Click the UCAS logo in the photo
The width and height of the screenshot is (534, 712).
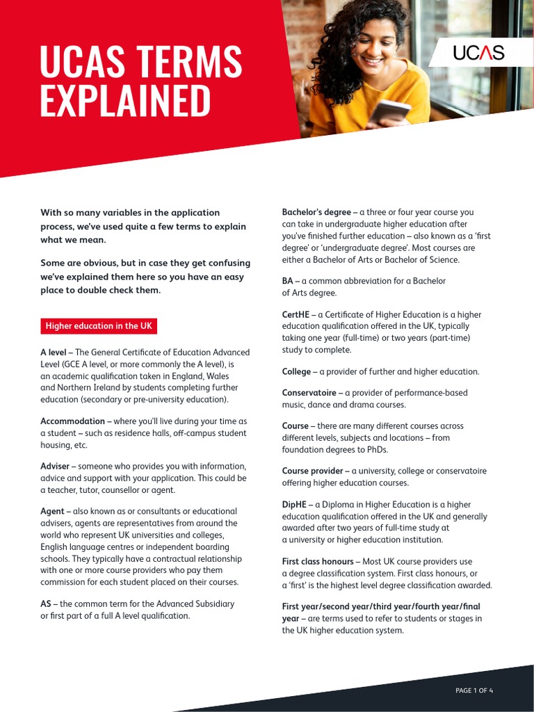[478, 52]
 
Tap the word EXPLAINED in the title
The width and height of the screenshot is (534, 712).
[125, 102]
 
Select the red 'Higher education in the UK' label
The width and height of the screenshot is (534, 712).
[98, 326]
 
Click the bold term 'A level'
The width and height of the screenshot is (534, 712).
[53, 353]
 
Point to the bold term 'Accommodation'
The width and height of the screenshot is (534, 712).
[72, 421]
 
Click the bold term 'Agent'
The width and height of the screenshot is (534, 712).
[53, 511]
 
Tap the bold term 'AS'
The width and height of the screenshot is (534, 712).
[46, 604]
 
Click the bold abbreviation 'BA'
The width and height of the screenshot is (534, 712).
[288, 281]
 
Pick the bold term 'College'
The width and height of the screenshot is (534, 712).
[296, 371]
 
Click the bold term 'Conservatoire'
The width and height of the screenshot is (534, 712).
[309, 393]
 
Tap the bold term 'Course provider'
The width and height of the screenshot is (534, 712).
[311, 471]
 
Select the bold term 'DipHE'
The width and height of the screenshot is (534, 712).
[294, 504]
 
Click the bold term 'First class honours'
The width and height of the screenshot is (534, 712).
[318, 561]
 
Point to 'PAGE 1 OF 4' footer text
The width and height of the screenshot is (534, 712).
[474, 690]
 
